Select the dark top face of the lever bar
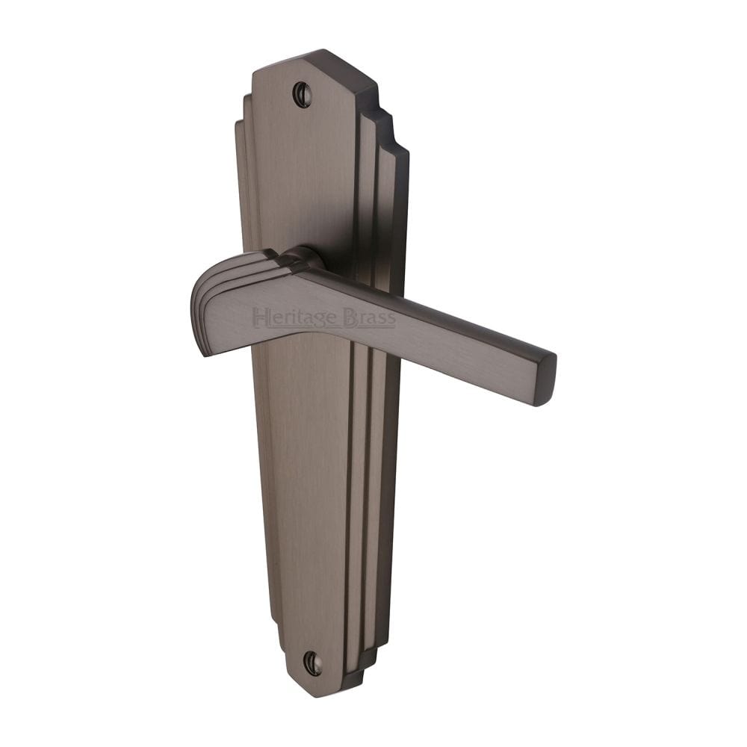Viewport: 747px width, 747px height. [426, 306]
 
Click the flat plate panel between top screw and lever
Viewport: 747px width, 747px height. [306, 172]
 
